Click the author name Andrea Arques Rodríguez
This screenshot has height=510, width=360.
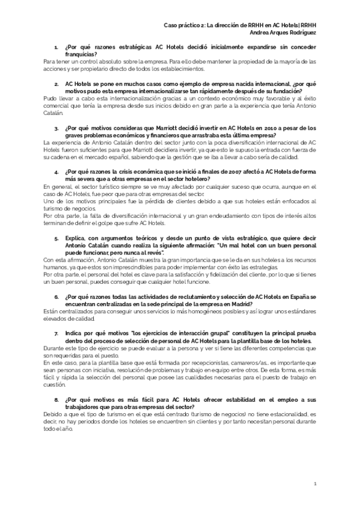point(282,32)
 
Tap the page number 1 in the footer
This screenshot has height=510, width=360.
point(315,484)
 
